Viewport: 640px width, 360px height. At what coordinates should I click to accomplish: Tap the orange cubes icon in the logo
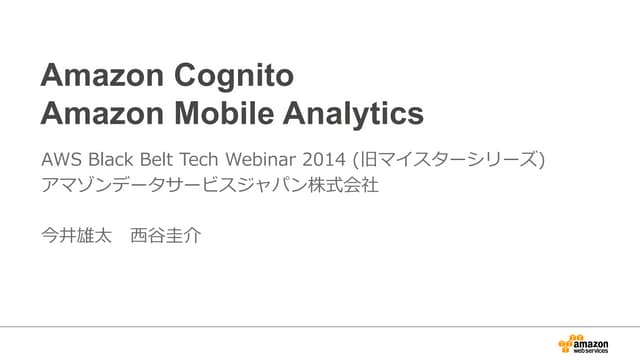[x=571, y=340]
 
